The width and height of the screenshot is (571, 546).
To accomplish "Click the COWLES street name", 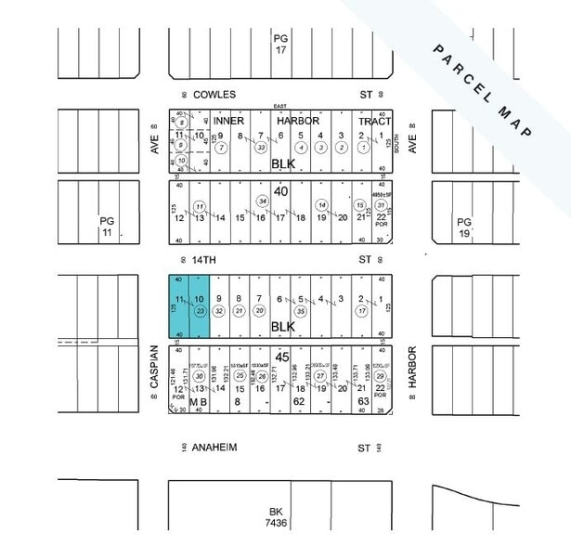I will (214, 95).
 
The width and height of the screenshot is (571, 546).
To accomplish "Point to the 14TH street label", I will (211, 260).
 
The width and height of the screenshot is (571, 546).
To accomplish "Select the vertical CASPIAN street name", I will (155, 367).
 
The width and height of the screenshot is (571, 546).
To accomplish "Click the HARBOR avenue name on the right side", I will (410, 367).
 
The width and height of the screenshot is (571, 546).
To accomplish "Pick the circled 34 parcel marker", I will (263, 201).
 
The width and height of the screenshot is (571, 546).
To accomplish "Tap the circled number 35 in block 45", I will (300, 312).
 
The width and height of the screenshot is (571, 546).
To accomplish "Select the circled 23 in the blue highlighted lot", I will (199, 312).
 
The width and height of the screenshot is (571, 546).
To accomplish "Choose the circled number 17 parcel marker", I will (360, 312).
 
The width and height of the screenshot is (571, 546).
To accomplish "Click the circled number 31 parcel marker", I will (381, 205).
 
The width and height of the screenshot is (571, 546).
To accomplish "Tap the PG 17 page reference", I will (281, 44).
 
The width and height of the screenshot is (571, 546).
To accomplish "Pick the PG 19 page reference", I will (465, 227).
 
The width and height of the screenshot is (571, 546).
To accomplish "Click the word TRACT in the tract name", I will (374, 122).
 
